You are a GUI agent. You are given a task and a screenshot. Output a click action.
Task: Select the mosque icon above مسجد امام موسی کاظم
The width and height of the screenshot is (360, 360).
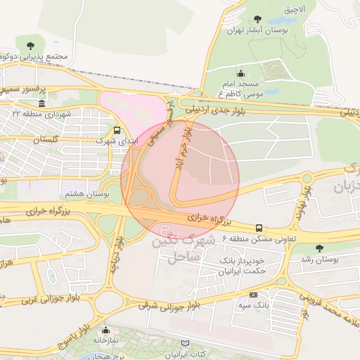point(241,72)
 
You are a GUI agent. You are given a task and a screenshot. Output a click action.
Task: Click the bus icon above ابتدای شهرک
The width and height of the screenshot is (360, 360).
point(117,130)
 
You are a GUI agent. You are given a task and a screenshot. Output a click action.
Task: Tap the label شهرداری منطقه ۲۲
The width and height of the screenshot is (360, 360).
point(41,113)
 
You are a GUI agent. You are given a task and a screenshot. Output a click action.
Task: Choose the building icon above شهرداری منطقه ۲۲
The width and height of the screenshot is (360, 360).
point(41,103)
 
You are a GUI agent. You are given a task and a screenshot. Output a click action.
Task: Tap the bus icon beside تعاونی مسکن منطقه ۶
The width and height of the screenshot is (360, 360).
point(259,228)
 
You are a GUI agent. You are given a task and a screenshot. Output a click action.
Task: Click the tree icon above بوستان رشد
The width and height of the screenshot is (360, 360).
point(320,248)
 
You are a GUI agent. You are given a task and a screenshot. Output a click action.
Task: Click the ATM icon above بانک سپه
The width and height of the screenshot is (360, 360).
point(253,295)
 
